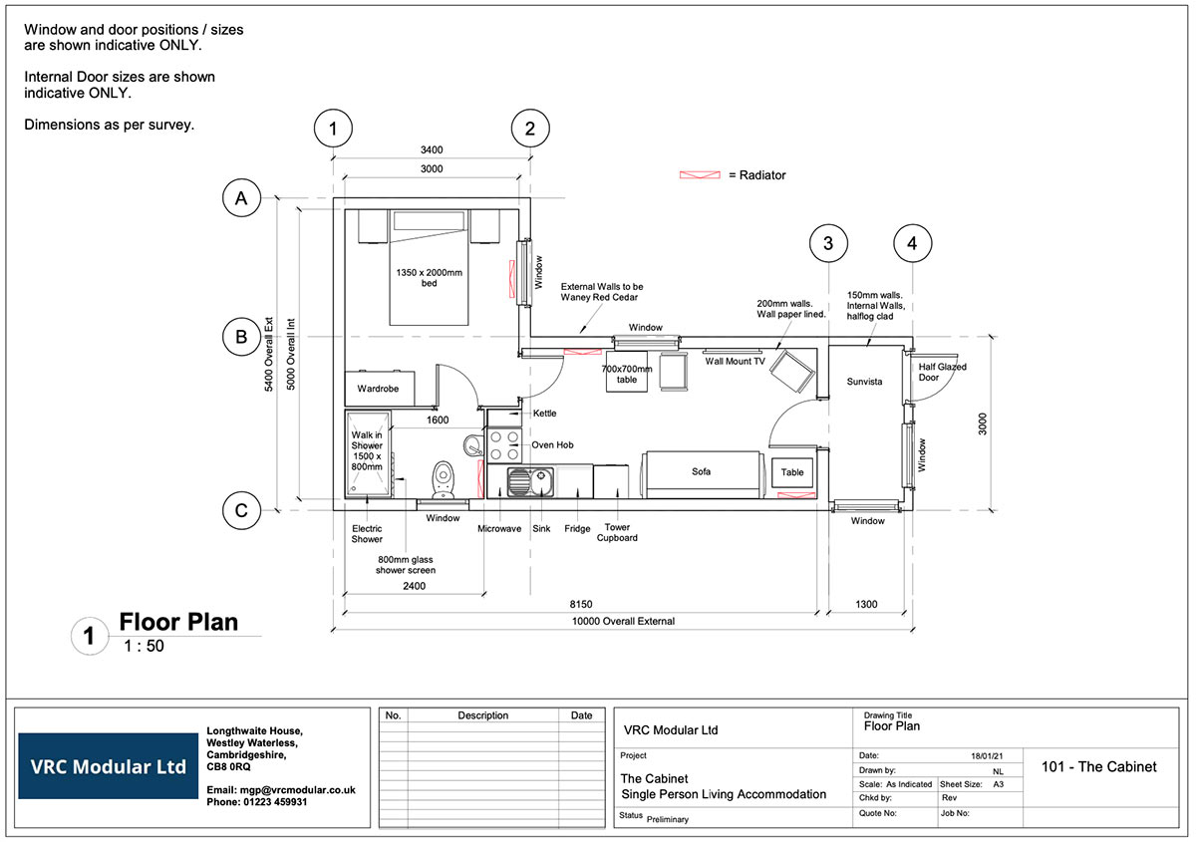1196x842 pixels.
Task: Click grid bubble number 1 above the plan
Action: pos(334,129)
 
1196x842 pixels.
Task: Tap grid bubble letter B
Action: pos(241,337)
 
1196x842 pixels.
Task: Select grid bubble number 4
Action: pos(912,242)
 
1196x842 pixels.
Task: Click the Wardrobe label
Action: pos(378,389)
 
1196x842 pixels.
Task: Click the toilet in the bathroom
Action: pos(445,477)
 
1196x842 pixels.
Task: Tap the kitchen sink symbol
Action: pos(519,483)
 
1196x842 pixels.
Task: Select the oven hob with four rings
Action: pos(504,444)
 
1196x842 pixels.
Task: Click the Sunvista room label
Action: pos(864,382)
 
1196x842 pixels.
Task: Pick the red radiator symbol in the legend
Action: pos(700,175)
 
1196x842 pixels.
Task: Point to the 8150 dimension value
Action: pos(581,605)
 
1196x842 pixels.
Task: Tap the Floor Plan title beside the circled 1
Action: pos(178,623)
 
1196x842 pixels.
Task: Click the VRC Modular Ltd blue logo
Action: pos(108,767)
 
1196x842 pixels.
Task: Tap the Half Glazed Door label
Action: pos(943,372)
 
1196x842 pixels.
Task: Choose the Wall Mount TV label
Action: pos(736,361)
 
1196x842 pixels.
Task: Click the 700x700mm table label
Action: pos(627,374)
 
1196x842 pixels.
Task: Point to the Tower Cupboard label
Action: pos(617,533)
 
